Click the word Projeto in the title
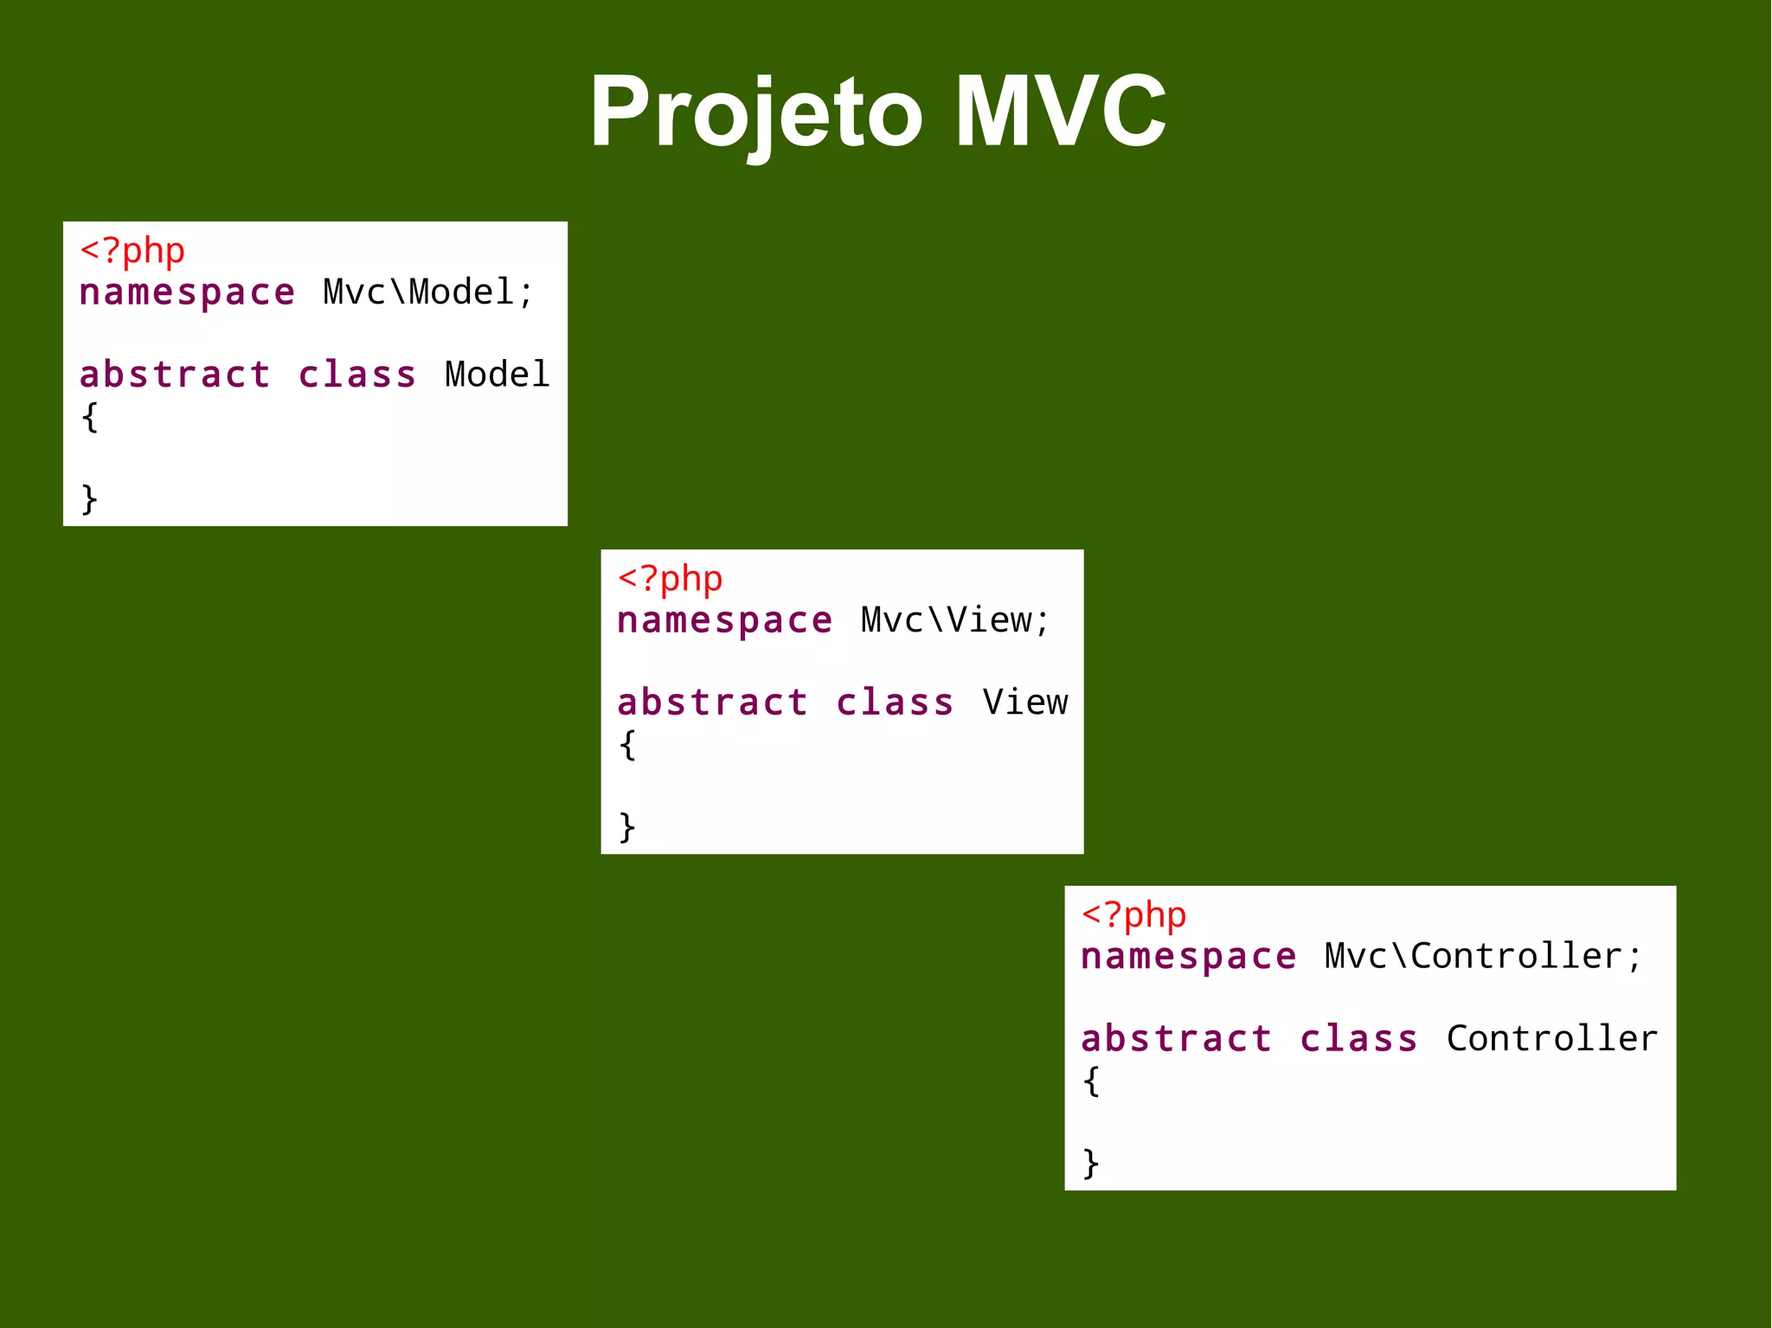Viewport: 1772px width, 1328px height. [x=756, y=112]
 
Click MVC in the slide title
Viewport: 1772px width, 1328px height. [x=1061, y=112]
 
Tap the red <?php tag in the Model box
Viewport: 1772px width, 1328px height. [x=132, y=251]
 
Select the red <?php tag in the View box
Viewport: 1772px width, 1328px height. [x=671, y=579]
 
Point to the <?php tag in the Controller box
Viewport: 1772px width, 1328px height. [x=1133, y=914]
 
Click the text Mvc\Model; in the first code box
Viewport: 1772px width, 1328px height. [x=428, y=292]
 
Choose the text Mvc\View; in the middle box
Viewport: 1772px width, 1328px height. [x=955, y=620]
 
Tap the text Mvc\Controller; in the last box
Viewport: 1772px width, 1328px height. [x=1482, y=956]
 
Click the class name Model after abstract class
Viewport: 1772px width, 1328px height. [x=498, y=375]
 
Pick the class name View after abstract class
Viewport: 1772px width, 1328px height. [x=1025, y=702]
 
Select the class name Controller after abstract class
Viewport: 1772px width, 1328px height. [x=1552, y=1038]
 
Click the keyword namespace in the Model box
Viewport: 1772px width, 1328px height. [x=187, y=293]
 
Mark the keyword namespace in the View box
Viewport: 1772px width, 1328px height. [x=725, y=621]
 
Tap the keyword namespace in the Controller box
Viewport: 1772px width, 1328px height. [x=1189, y=957]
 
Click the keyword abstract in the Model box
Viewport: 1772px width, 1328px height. [x=175, y=375]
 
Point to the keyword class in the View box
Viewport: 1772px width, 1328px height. [x=895, y=702]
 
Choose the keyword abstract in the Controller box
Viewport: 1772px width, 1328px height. [x=1177, y=1038]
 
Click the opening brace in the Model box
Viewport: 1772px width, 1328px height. [x=90, y=417]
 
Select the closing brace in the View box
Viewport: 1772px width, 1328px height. [x=627, y=826]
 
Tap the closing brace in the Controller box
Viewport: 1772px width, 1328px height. [x=1091, y=1163]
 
